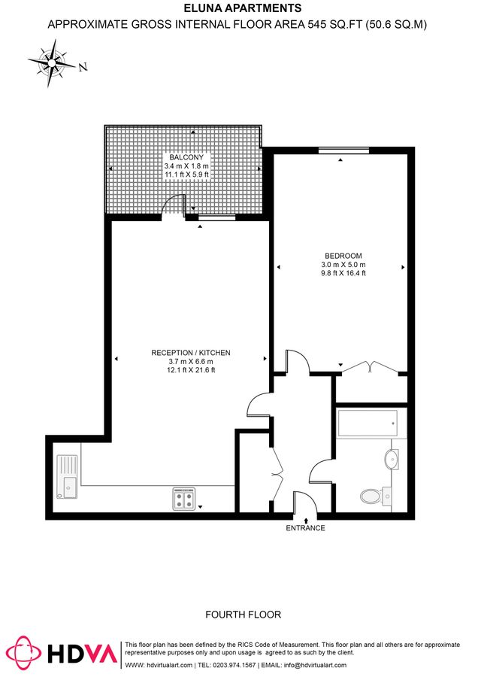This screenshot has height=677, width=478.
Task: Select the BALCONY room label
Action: click(x=186, y=156)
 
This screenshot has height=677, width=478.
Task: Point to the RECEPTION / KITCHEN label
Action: click(x=191, y=352)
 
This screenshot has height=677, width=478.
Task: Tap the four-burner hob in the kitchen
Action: click(x=184, y=499)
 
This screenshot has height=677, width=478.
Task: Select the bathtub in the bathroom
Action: click(x=368, y=425)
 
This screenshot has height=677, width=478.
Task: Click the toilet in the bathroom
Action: click(x=371, y=495)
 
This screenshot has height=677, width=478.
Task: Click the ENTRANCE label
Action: click(x=306, y=528)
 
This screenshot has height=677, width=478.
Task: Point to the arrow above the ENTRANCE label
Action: click(x=306, y=519)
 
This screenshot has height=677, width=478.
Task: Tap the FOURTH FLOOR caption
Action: click(x=244, y=615)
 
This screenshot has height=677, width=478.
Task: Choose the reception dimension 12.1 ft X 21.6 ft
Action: click(x=191, y=370)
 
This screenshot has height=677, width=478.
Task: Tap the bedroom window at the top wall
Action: click(x=343, y=152)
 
